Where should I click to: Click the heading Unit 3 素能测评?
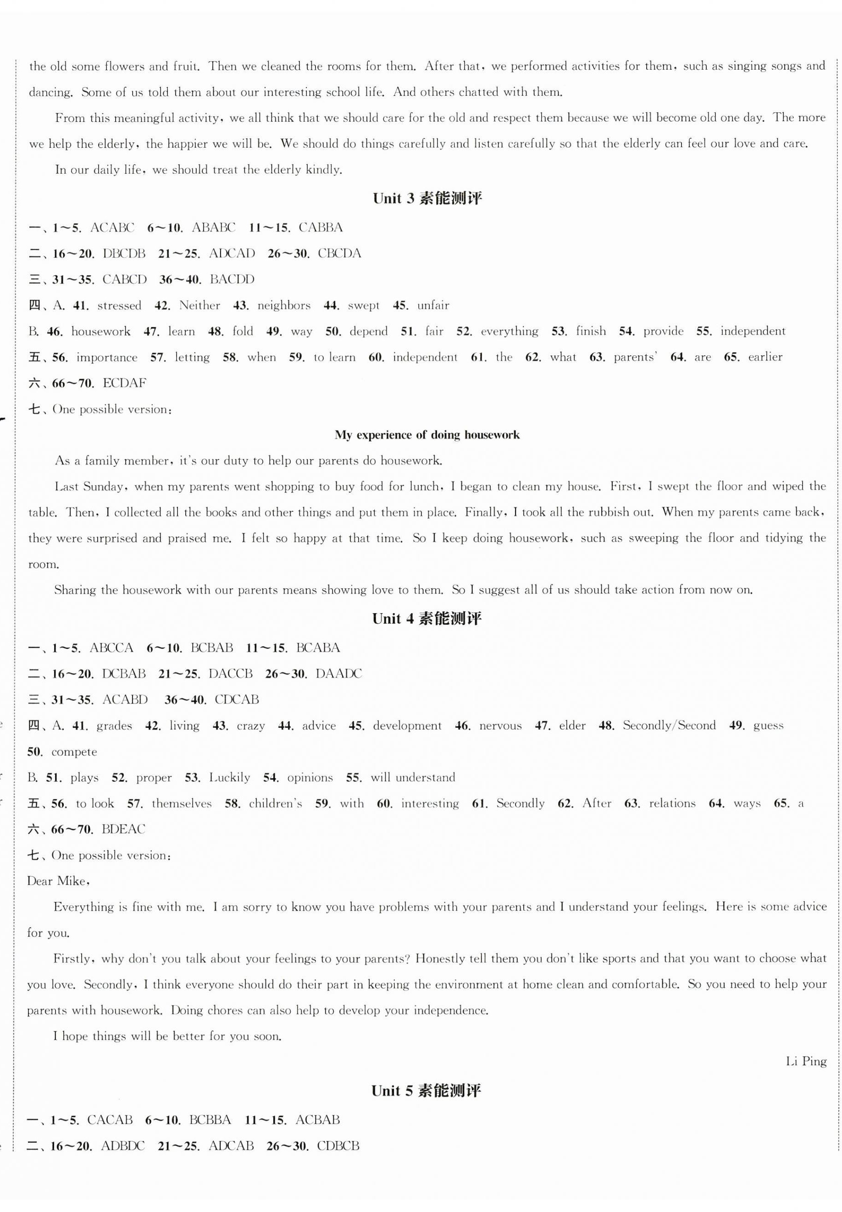(427, 199)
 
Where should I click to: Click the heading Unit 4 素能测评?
(427, 619)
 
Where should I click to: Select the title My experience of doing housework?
(427, 435)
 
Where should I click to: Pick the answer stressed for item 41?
(119, 305)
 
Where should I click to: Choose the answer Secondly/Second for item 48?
(669, 726)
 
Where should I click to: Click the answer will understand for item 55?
(413, 777)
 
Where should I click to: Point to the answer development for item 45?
(407, 726)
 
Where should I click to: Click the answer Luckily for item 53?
(229, 777)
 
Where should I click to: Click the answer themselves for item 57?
(182, 804)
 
